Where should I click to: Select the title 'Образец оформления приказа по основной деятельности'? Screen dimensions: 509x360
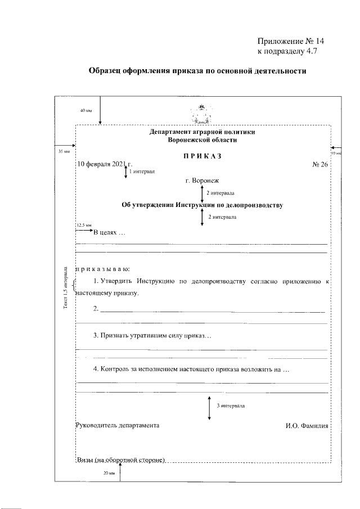click(x=197, y=72)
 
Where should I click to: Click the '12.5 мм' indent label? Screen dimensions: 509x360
click(x=83, y=224)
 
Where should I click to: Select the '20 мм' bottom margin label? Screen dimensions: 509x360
click(x=109, y=473)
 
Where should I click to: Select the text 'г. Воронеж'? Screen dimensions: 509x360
click(x=201, y=181)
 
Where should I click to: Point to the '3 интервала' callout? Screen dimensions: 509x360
click(x=230, y=405)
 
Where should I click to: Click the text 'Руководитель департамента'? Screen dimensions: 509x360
click(x=117, y=425)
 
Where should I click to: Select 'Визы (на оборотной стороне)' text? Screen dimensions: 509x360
click(x=120, y=460)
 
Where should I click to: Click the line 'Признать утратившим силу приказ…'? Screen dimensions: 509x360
click(x=152, y=336)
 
